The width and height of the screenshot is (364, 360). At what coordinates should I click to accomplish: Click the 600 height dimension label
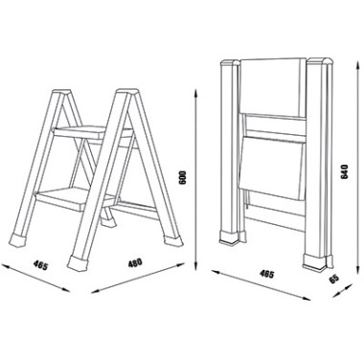point(183,177)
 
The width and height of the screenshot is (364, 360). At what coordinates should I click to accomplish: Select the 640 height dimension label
point(345,171)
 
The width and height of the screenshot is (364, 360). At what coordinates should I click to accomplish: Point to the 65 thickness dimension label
point(333,280)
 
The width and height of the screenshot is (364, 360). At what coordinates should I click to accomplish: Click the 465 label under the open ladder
point(41,265)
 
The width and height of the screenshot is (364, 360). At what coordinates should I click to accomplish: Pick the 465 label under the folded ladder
point(267,274)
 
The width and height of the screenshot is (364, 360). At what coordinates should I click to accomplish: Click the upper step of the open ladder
point(93,133)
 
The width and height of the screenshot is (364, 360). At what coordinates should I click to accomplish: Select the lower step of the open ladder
point(76,198)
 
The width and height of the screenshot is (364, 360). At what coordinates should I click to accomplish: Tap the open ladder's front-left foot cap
point(78,262)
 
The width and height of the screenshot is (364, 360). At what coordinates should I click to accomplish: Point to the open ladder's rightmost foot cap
point(172,241)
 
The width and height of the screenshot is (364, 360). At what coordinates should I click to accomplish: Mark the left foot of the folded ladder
point(229,237)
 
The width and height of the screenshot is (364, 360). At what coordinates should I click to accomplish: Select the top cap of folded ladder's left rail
point(230,63)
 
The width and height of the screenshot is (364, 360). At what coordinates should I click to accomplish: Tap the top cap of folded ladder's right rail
point(319,62)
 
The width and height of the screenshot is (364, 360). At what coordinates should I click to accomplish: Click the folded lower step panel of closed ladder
point(271,167)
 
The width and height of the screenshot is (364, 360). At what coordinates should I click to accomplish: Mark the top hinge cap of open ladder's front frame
point(127,93)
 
